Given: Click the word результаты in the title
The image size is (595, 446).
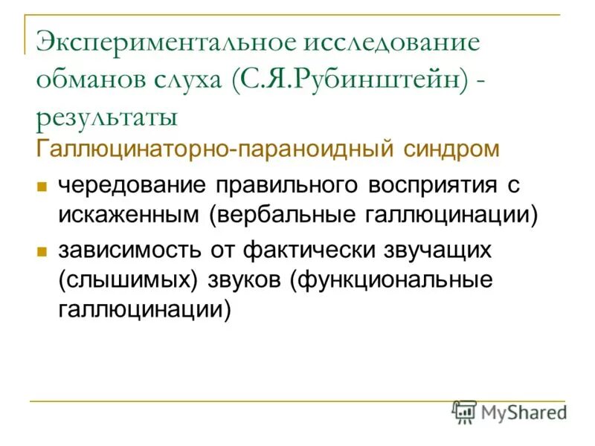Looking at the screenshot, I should point(106,117).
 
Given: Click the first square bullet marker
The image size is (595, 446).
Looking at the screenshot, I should point(42,185).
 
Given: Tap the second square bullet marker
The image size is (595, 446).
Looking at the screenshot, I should point(42,251).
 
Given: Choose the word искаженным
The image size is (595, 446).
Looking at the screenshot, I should point(129,215).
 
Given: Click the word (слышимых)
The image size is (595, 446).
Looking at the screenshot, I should point(120,280).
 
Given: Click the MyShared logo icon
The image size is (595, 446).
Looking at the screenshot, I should point(465,412).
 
